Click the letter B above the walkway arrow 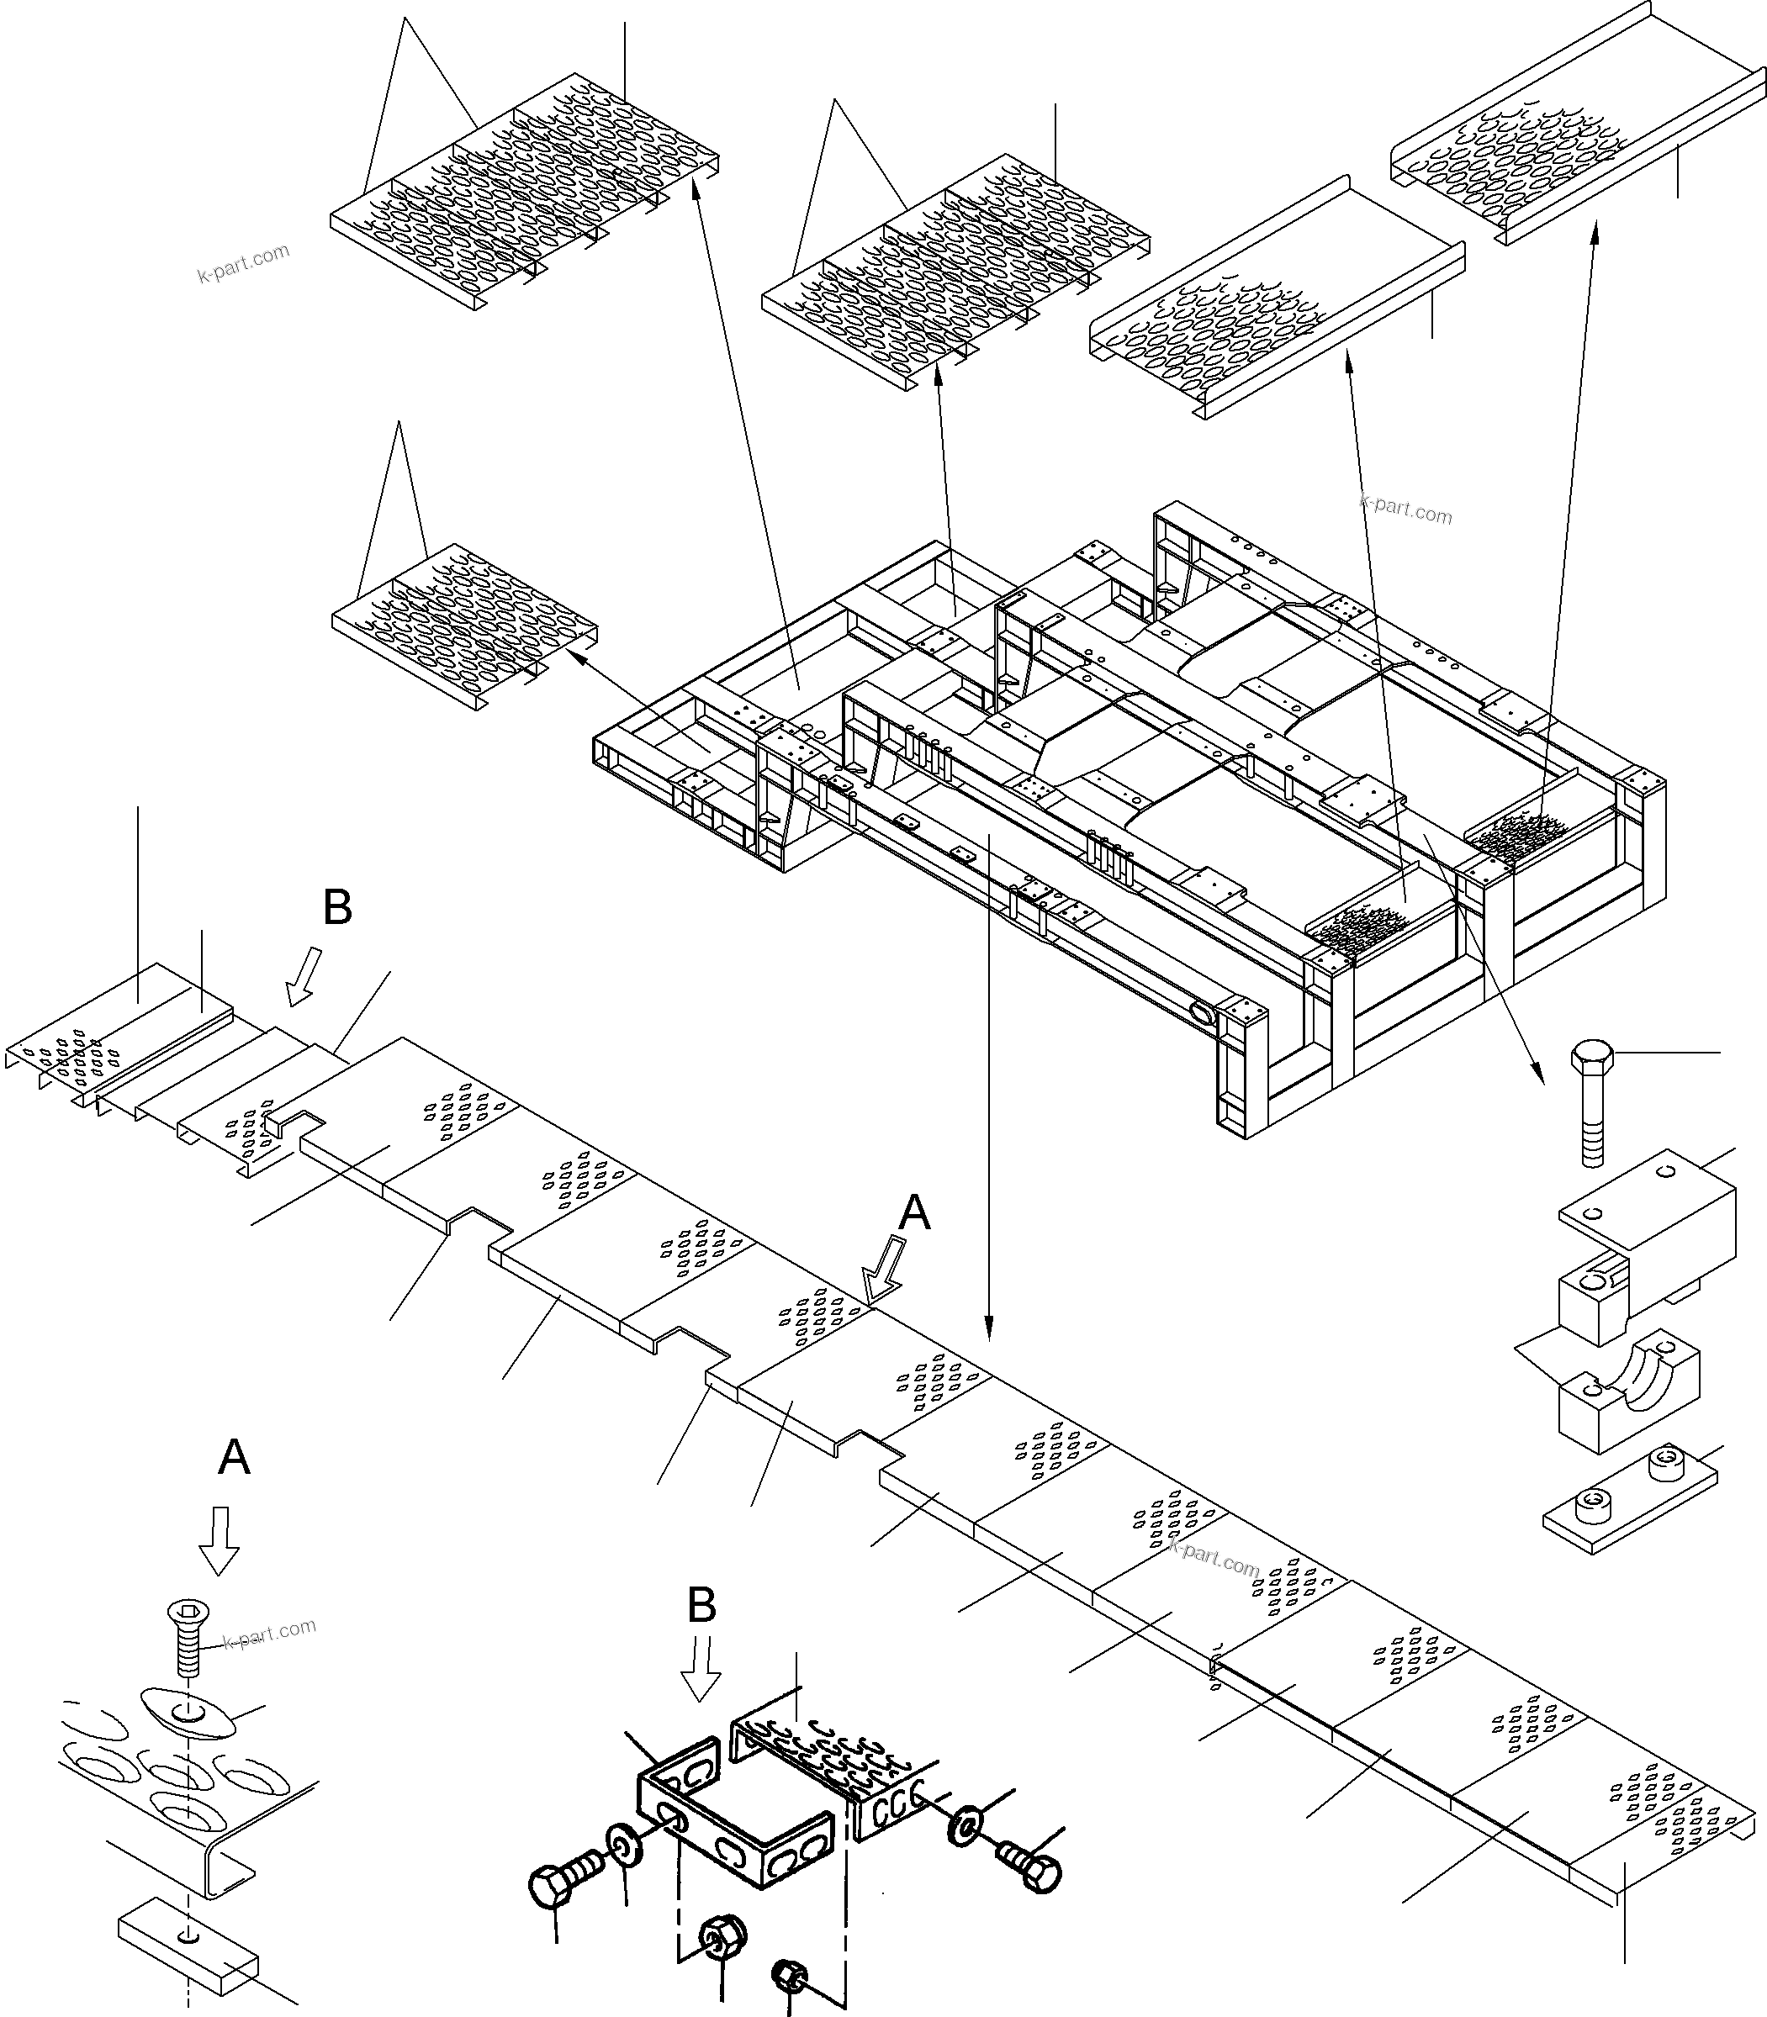click(337, 908)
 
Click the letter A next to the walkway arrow click(915, 1213)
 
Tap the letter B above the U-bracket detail click(701, 1606)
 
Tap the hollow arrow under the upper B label click(303, 975)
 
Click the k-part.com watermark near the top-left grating click(244, 262)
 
